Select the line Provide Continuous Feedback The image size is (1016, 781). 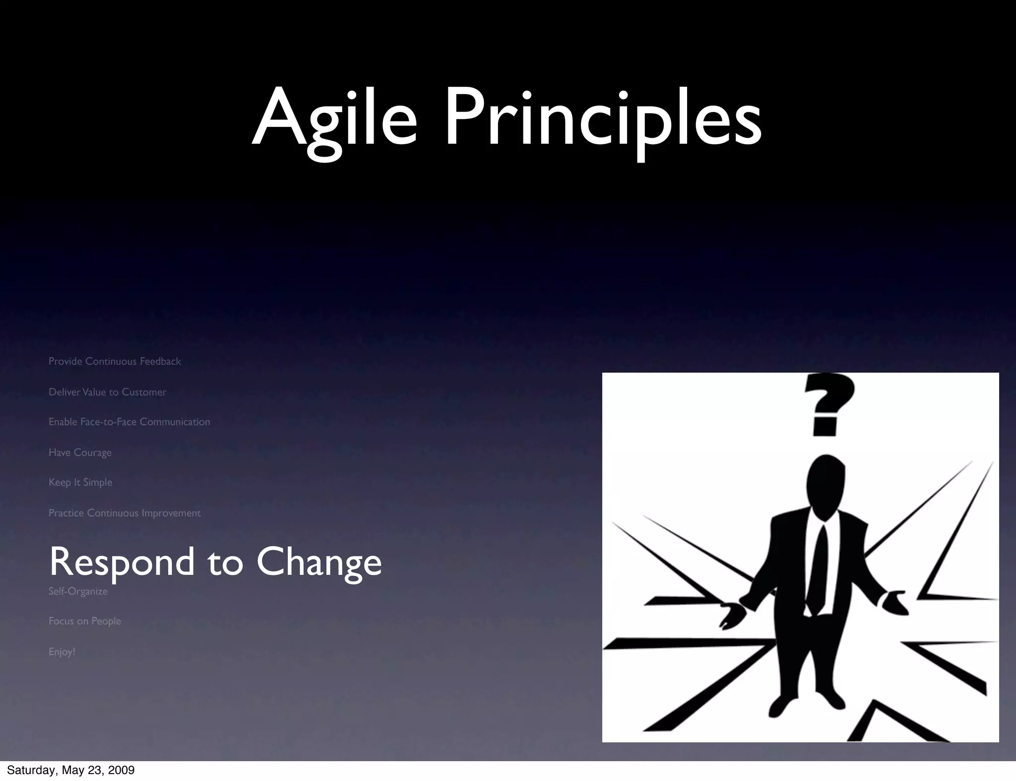(x=115, y=361)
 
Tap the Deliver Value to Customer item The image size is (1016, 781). (x=107, y=392)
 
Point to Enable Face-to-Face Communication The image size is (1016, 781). (x=129, y=422)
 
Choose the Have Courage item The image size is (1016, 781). (x=80, y=452)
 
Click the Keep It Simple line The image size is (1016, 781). (x=80, y=482)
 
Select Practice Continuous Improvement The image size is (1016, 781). (x=125, y=513)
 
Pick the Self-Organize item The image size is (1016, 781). (x=78, y=591)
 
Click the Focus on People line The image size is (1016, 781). (x=85, y=621)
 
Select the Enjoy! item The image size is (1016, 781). (x=62, y=652)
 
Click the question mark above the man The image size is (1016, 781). (x=829, y=404)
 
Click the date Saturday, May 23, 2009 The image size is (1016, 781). (x=70, y=770)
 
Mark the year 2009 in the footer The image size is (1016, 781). (x=122, y=770)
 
